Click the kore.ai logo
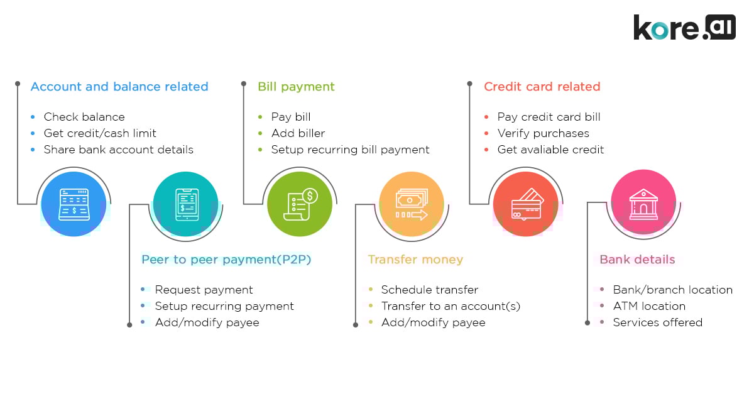click(x=684, y=28)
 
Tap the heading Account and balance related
click(x=119, y=87)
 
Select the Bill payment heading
click(x=296, y=87)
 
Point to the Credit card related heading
click(x=542, y=87)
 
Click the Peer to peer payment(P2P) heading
click(x=226, y=260)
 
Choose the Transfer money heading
click(x=415, y=260)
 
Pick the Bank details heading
click(x=637, y=260)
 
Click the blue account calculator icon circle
click(x=74, y=204)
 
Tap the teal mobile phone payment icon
click(x=186, y=204)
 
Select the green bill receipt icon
click(x=300, y=204)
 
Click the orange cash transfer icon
click(x=412, y=204)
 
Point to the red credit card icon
click(x=525, y=204)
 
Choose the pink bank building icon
click(x=643, y=201)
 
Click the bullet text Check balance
click(x=84, y=117)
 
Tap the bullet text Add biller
click(x=298, y=133)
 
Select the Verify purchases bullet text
click(x=543, y=133)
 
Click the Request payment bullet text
click(x=204, y=290)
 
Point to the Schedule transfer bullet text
click(x=429, y=290)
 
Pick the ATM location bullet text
click(x=649, y=306)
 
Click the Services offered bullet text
click(x=657, y=322)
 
